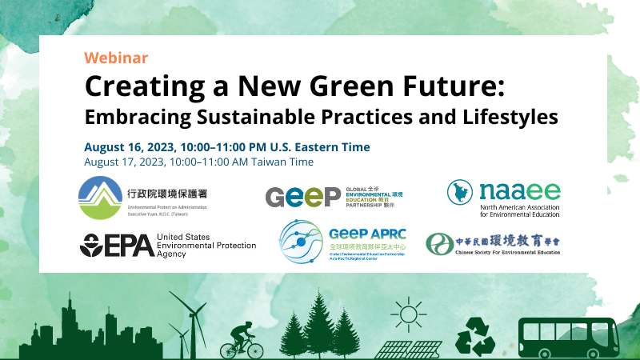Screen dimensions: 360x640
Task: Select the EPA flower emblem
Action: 90,245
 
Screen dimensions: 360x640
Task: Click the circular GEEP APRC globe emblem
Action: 302,245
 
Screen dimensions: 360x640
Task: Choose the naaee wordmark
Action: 520,193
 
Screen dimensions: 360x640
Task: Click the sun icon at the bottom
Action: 410,313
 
